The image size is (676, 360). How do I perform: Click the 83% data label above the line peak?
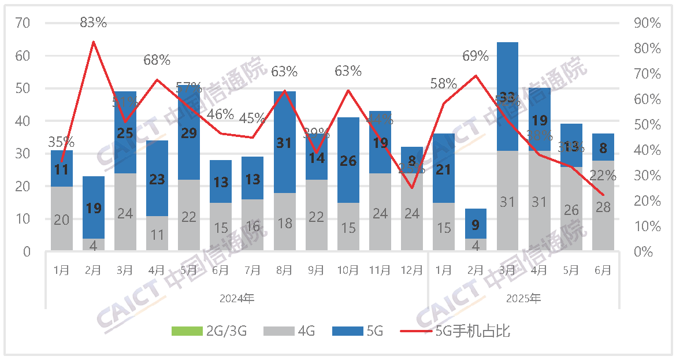click(94, 23)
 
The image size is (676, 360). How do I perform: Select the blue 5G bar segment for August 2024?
click(284, 142)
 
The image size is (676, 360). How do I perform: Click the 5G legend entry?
click(358, 332)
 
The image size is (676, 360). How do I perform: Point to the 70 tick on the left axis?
click(23, 24)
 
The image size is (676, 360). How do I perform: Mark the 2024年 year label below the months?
click(237, 299)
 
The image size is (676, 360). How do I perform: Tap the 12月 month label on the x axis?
click(411, 270)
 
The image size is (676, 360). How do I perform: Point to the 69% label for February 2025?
click(476, 56)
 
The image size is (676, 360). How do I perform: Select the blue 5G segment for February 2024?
click(94, 207)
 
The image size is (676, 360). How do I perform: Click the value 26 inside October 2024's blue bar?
click(348, 161)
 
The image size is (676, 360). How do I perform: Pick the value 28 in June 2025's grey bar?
click(603, 207)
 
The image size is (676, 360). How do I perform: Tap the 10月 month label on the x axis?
click(348, 270)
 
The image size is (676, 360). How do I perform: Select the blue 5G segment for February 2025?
click(476, 223)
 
